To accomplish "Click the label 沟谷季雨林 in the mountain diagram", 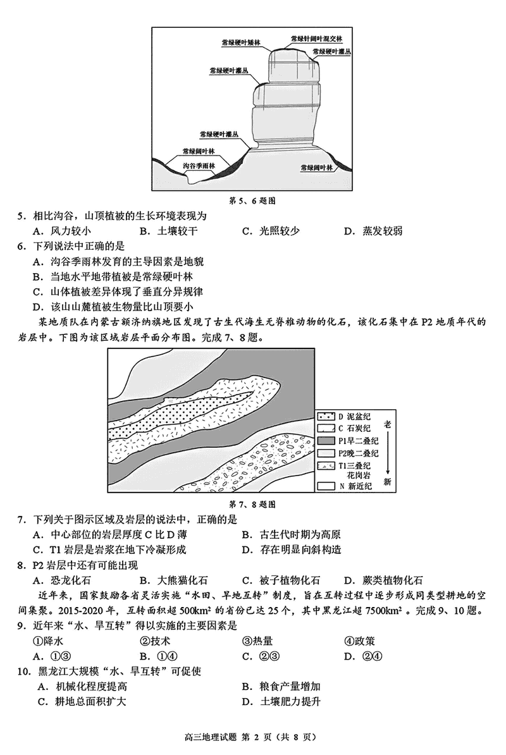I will (x=199, y=166).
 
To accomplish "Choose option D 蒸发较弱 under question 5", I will (x=373, y=231).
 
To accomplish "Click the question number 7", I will (x=22, y=519).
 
